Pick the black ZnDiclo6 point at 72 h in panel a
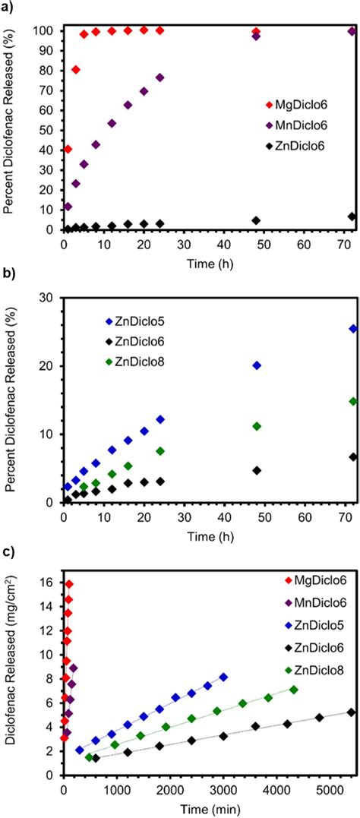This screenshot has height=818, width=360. [x=352, y=216]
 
